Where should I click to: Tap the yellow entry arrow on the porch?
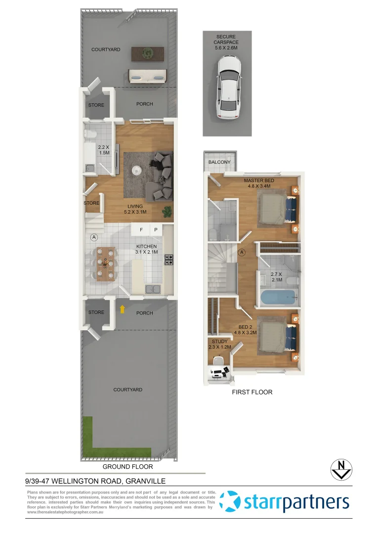pos(122,310)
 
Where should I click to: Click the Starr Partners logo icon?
pos(229,502)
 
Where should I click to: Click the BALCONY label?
pos(219,162)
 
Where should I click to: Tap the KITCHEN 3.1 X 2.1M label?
pos(146,249)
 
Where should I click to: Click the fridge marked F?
pos(141,230)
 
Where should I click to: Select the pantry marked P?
pos(155,230)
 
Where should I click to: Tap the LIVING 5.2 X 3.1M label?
pos(135,209)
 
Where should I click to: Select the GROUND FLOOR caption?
pos(127,466)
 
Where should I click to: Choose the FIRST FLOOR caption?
pos(252,392)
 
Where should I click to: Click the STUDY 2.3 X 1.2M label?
pos(219,345)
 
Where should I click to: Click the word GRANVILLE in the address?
pos(145,481)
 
